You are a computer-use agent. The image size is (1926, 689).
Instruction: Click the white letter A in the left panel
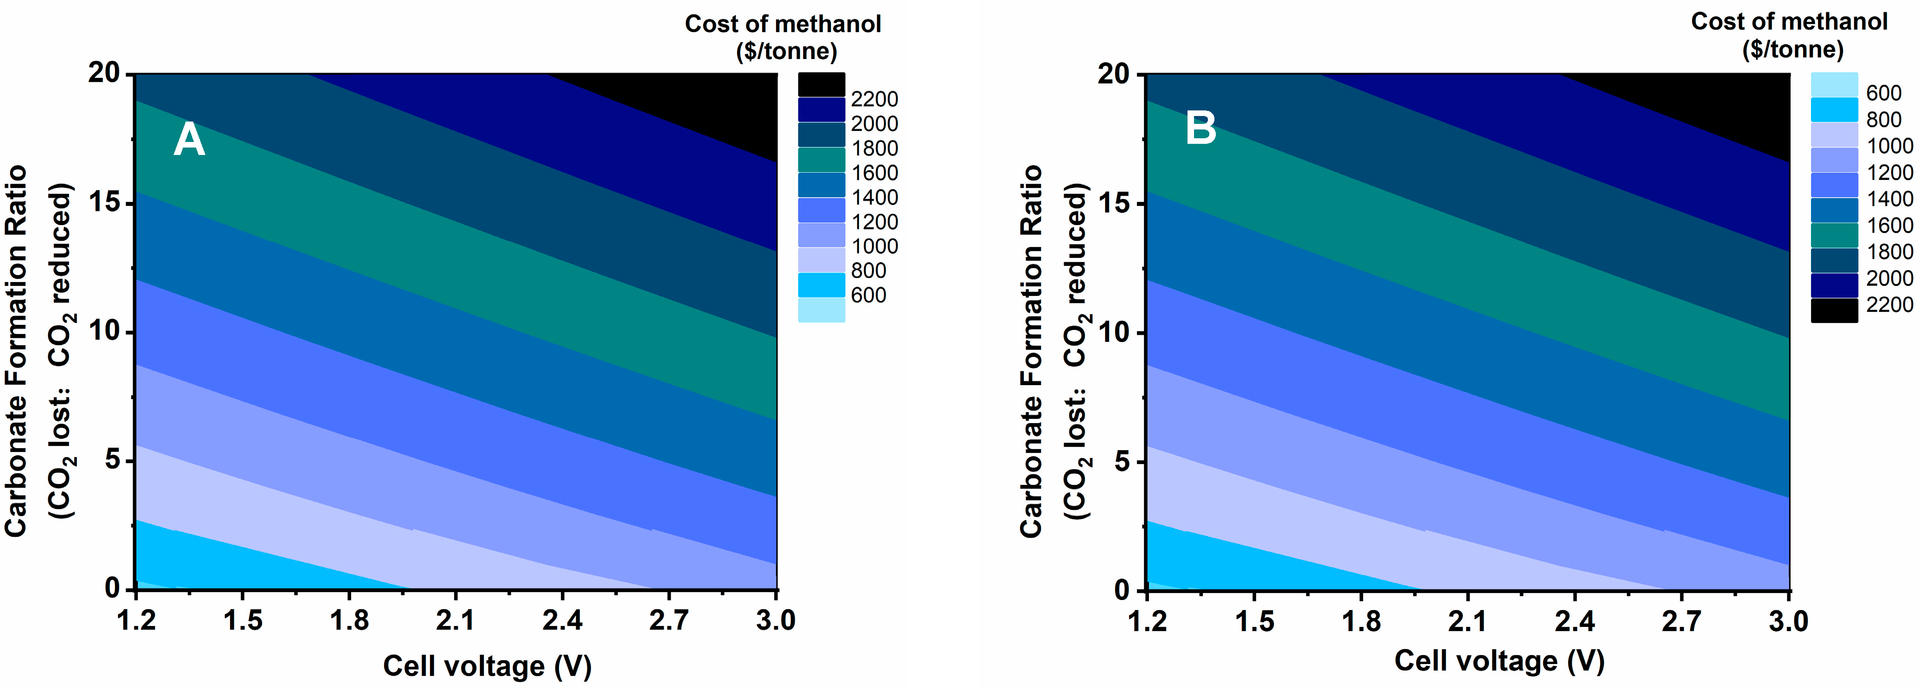pyautogui.click(x=189, y=140)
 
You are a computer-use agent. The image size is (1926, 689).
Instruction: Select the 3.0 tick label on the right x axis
pyautogui.click(x=1788, y=621)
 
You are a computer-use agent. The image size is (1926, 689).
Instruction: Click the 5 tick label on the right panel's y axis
pyautogui.click(x=1122, y=462)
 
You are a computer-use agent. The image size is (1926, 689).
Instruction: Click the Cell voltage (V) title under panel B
pyautogui.click(x=1499, y=661)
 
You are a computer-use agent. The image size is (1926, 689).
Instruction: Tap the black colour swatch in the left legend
pyautogui.click(x=821, y=84)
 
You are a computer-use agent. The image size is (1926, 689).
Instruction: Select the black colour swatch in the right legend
pyautogui.click(x=1833, y=310)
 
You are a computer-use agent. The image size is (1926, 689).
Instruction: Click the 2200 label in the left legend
pyautogui.click(x=874, y=99)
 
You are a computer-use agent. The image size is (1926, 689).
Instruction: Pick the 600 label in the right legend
pyautogui.click(x=1883, y=93)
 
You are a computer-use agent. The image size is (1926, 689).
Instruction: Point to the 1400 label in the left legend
pyautogui.click(x=874, y=198)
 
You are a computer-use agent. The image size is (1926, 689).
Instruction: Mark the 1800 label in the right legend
pyautogui.click(x=1889, y=251)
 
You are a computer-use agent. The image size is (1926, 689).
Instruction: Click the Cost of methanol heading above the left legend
pyautogui.click(x=783, y=24)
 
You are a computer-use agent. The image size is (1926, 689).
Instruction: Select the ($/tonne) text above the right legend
pyautogui.click(x=1792, y=49)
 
